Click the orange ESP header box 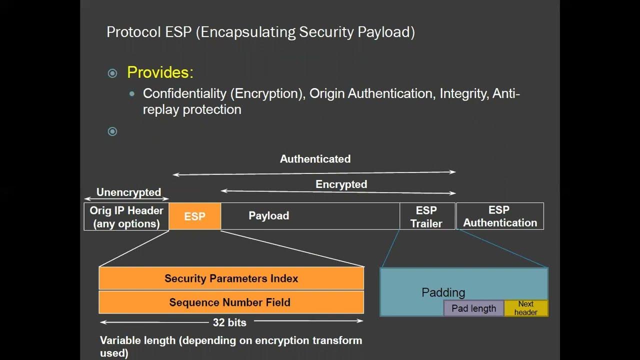(x=194, y=216)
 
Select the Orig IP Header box (x=126, y=216)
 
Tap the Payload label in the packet (x=269, y=216)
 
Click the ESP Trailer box (x=427, y=216)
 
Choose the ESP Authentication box (x=500, y=216)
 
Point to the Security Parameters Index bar (x=231, y=278)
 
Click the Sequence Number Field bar (x=231, y=302)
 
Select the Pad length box (x=473, y=308)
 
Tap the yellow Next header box (x=526, y=308)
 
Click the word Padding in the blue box (x=443, y=292)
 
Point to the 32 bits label (x=229, y=322)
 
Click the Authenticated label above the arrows (x=315, y=159)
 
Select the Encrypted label (x=341, y=184)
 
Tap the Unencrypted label (x=128, y=192)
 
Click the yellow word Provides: (x=160, y=72)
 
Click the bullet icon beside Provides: (x=112, y=73)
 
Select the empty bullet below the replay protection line (x=112, y=131)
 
